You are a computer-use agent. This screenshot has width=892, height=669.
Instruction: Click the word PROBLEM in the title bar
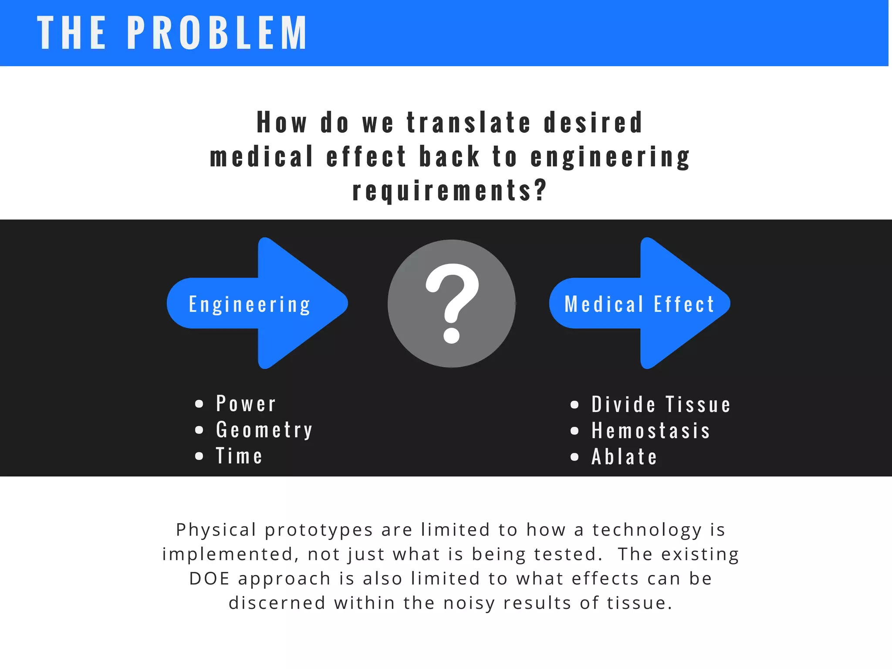217,33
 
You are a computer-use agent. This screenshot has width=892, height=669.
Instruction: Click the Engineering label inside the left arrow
250,304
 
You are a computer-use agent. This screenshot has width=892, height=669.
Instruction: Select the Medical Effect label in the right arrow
639,304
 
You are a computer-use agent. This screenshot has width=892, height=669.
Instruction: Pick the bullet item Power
246,404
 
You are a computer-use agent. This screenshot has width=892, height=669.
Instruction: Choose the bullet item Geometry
264,430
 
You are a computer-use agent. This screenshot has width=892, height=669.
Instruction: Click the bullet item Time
239,456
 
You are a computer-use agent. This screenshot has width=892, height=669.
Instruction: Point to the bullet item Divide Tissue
661,405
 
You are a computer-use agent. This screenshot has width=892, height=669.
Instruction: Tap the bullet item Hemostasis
651,431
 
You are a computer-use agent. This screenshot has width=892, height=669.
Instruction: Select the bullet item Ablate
624,457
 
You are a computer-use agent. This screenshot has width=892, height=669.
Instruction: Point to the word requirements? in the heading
449,190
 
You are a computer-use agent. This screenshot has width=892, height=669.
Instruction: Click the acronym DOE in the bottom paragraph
209,578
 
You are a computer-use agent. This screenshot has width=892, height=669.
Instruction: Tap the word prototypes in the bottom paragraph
319,530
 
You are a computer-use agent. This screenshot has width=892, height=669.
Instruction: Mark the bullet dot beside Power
199,404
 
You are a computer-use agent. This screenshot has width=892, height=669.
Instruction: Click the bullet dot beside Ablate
574,457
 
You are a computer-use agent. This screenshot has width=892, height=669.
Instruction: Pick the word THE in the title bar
71,33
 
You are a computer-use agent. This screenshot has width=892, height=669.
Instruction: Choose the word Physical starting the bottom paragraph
216,530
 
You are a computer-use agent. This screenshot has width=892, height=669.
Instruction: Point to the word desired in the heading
593,122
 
